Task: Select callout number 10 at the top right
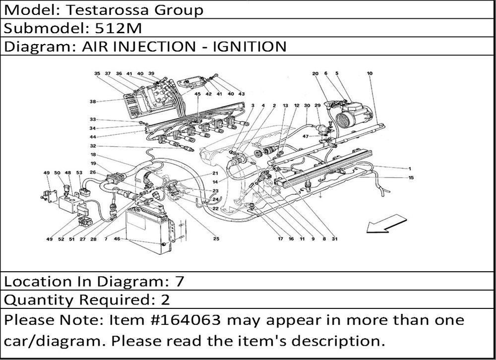tap(370, 73)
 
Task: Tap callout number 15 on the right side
tap(411, 177)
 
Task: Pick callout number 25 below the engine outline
tap(216, 239)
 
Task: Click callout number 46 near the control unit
tap(117, 239)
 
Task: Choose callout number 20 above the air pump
tap(314, 73)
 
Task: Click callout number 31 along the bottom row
tap(335, 239)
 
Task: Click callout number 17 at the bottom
tap(280, 239)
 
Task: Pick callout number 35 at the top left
tap(97, 73)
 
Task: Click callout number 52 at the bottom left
tap(61, 239)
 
